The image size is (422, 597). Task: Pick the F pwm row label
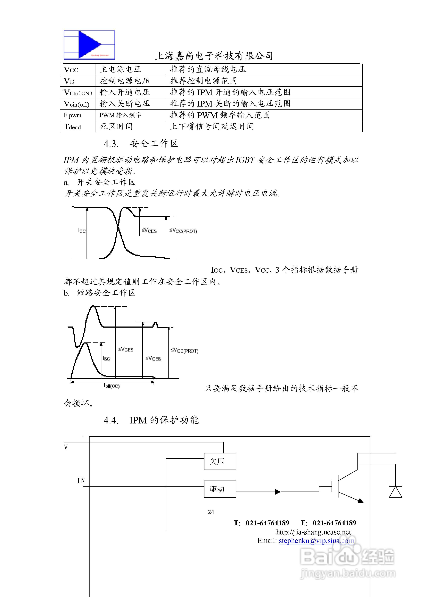pos(73,115)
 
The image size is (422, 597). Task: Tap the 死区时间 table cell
pos(116,127)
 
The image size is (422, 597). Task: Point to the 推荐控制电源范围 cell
pos(203,81)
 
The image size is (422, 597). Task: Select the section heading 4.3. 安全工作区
pos(141,144)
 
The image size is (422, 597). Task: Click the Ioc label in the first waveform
pos(82,230)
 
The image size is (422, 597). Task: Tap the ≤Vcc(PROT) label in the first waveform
pos(183,231)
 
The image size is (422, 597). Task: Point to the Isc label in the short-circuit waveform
pos(106,359)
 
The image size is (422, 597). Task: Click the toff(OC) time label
pos(112,386)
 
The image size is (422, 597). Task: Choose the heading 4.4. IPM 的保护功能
pos(151,420)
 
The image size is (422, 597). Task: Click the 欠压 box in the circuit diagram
pos(220,462)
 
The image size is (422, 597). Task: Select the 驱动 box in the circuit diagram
pos(220,489)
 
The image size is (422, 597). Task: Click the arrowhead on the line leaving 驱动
pos(278,492)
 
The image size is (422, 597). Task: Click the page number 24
pos(211,512)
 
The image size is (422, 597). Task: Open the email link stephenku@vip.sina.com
pos(316,541)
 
